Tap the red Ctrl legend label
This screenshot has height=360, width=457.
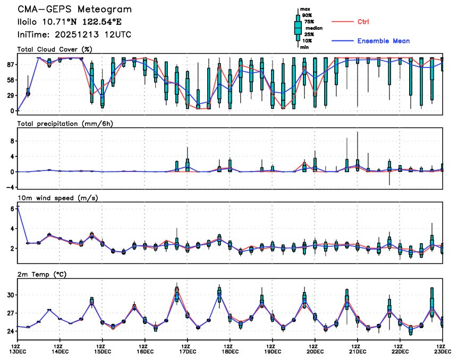pyautogui.click(x=363, y=22)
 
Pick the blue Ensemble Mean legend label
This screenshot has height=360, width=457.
pyautogui.click(x=383, y=41)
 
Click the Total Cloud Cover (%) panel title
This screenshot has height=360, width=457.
pyautogui.click(x=55, y=49)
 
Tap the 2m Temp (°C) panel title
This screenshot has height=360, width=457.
pyautogui.click(x=44, y=275)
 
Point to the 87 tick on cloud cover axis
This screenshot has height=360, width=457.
pyautogui.click(x=10, y=65)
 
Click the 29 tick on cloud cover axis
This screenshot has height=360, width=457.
pyautogui.click(x=10, y=96)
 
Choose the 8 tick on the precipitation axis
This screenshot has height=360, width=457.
pyautogui.click(x=12, y=141)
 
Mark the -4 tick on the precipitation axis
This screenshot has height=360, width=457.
pyautogui.click(x=10, y=187)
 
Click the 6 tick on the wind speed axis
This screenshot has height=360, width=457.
pyautogui.click(x=12, y=209)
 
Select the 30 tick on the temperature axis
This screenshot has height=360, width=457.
pyautogui.click(x=10, y=295)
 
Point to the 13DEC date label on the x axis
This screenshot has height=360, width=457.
pyautogui.click(x=17, y=351)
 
